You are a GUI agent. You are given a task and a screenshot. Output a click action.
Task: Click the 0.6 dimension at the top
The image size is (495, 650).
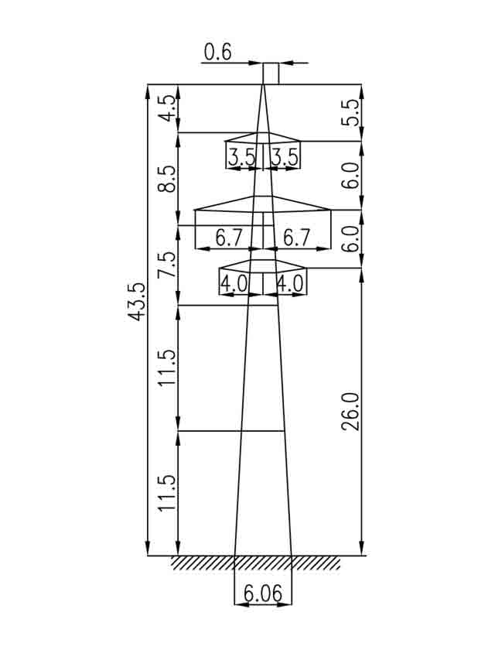(x=218, y=53)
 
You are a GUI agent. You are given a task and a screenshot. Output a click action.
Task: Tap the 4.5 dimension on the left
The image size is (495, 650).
(x=167, y=108)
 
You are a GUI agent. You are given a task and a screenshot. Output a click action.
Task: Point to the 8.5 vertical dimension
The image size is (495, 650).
(x=167, y=179)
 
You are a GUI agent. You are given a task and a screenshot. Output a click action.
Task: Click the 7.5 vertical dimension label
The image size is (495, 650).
(x=167, y=265)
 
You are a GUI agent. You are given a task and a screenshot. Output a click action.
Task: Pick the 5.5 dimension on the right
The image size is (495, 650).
(x=351, y=113)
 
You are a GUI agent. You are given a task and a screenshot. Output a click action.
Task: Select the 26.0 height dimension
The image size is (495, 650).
(x=351, y=412)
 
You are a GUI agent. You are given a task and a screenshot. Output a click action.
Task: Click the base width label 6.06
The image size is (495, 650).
(x=263, y=594)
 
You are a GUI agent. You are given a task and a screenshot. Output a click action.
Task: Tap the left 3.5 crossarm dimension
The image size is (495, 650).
(x=242, y=158)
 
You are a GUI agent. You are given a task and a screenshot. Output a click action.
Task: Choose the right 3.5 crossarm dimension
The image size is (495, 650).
(x=285, y=158)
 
